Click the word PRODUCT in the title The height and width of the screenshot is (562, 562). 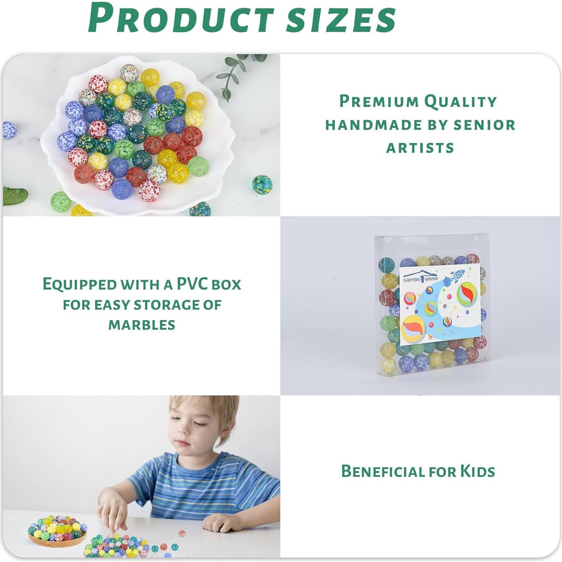[x=181, y=18]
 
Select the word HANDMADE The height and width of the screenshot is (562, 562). [x=374, y=125]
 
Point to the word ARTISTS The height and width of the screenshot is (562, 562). [x=420, y=148]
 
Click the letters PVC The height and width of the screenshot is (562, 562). [x=193, y=284]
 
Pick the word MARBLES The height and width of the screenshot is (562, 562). [x=142, y=325]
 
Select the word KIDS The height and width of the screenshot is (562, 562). [x=477, y=471]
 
